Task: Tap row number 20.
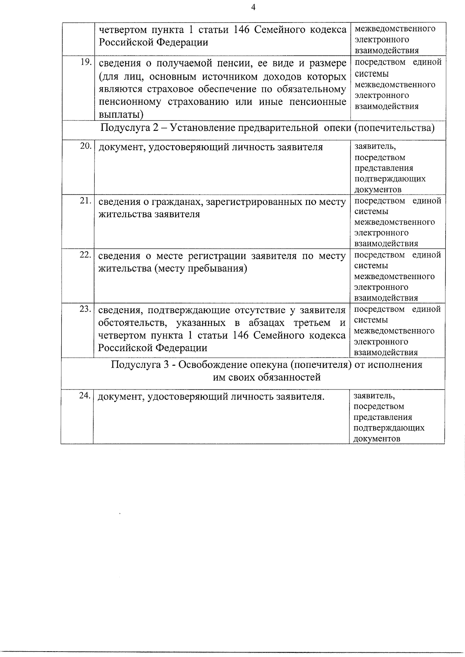[x=85, y=146]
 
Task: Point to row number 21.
[x=85, y=201]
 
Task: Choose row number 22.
[x=85, y=255]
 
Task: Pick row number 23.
[x=85, y=309]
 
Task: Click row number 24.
[x=84, y=396]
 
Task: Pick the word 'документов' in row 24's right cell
[x=377, y=439]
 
